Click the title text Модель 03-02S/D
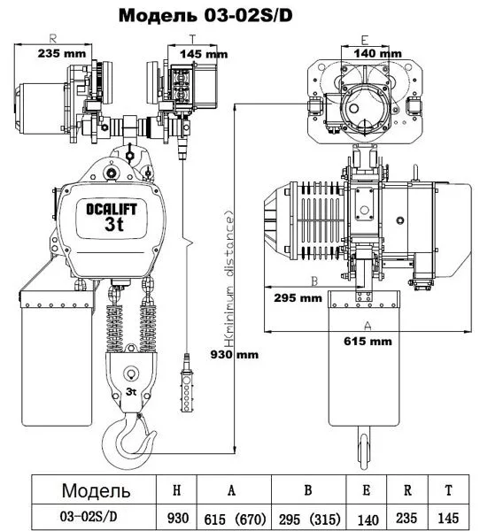click(205, 16)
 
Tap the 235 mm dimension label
click(62, 53)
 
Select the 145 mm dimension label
click(204, 54)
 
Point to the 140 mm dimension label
click(377, 53)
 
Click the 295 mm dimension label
click(298, 298)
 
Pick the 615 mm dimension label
click(368, 341)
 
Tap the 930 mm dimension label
click(235, 355)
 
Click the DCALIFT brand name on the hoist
click(112, 210)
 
